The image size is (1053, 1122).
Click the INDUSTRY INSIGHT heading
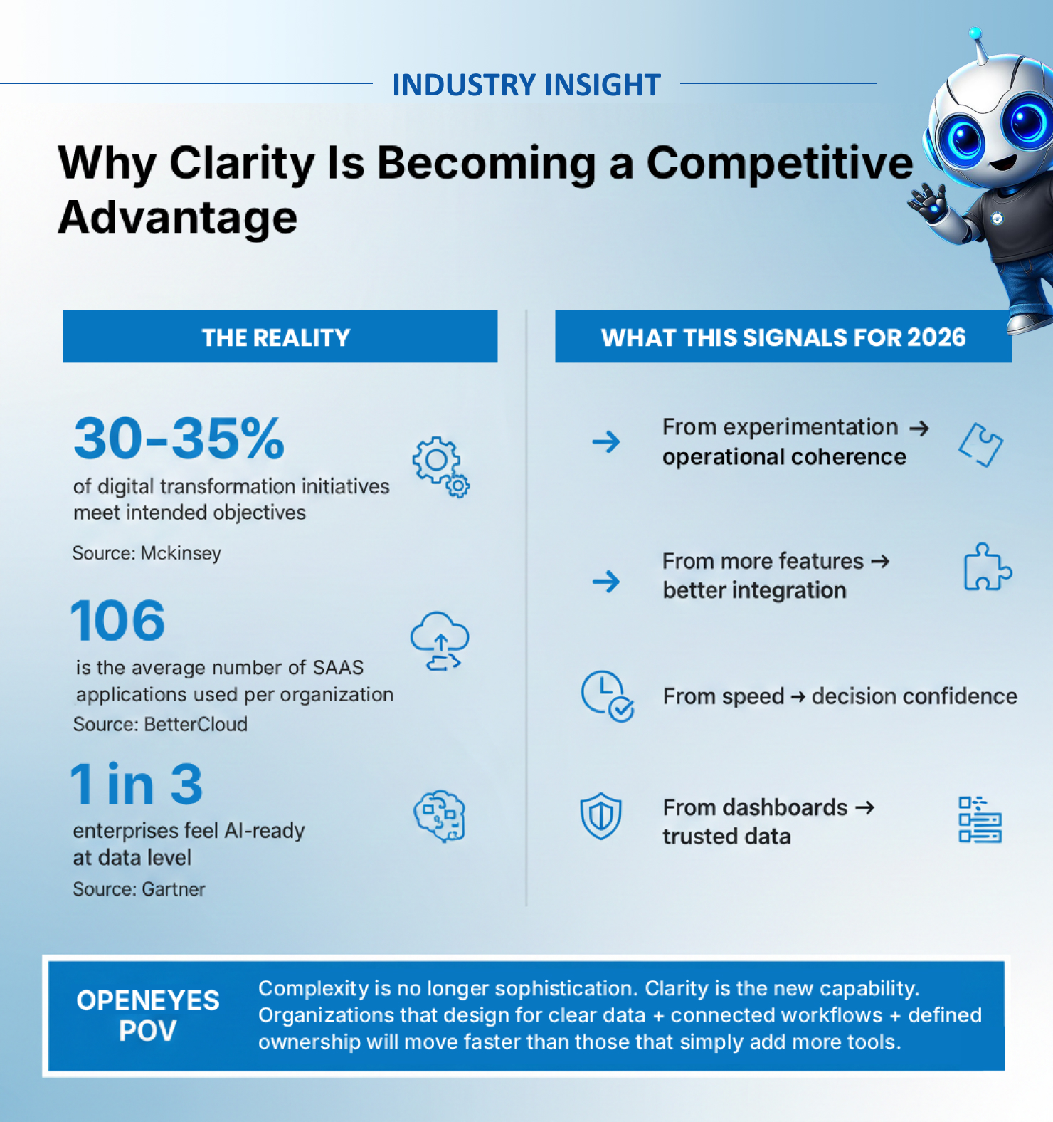pos(526,85)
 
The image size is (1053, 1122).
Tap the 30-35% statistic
pos(179,439)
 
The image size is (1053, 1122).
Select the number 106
pos(118,620)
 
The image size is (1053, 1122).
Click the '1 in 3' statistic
pos(137,784)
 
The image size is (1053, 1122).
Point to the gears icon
pos(440,466)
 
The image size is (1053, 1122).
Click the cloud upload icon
pos(440,641)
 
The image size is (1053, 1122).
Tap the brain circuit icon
pos(440,816)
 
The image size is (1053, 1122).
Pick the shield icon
pos(601,816)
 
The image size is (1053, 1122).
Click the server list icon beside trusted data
pos(980,820)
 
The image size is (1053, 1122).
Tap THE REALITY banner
pos(280,337)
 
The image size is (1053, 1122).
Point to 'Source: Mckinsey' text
pos(147,553)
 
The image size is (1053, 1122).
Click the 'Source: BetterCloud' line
pos(160,724)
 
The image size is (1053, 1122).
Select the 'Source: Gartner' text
pos(139,889)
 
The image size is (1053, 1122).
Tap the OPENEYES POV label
pos(148,1015)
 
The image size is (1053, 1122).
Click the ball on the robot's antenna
pos(975,33)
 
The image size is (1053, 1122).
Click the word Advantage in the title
pos(178,218)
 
